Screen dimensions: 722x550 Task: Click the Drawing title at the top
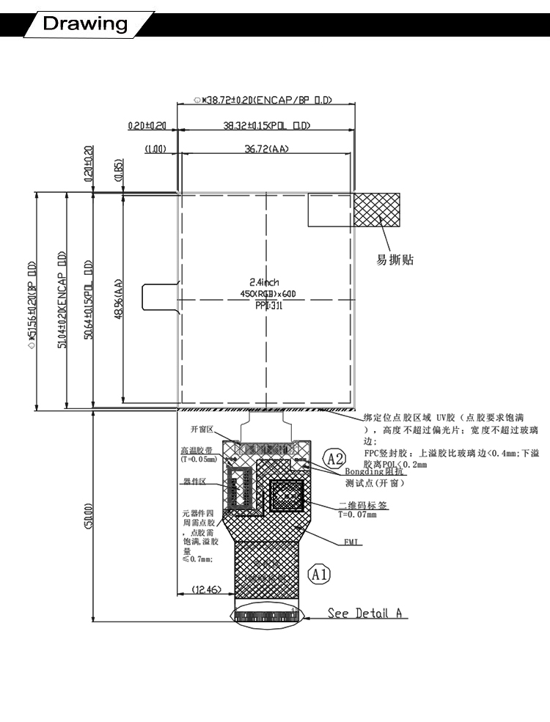(85, 23)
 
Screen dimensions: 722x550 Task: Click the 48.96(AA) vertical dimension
(117, 300)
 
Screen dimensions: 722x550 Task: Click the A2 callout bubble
(335, 460)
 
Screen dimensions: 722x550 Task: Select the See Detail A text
(367, 613)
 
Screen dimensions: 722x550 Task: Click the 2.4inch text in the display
(265, 282)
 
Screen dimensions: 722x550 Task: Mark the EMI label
(351, 542)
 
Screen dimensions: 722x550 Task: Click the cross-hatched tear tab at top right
(376, 210)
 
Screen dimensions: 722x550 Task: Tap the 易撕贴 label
(395, 259)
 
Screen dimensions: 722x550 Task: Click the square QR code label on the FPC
(287, 497)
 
